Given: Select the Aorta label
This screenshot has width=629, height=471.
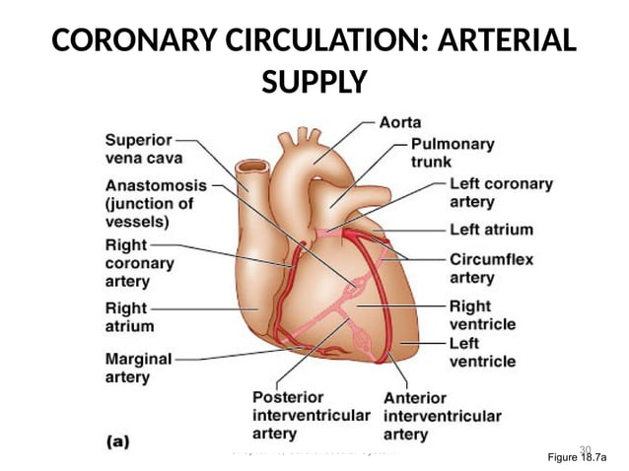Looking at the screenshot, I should coord(400,122).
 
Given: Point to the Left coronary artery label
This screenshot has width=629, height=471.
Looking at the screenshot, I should coord(501,192).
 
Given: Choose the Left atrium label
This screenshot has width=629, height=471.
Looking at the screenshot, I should coord(491,230).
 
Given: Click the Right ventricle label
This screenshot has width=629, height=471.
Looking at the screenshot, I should coord(482,315).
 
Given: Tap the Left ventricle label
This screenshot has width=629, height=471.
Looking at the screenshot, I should coord(481,352).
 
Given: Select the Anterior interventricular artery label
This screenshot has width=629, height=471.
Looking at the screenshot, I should coord(442,416).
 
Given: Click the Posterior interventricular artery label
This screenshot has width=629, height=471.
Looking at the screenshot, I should coord(311,415).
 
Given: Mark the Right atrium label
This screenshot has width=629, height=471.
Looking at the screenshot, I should coord(129,316).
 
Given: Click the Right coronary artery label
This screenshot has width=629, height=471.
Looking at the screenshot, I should coord(139,263).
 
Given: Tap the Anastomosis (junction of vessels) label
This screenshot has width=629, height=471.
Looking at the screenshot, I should coord(156,203).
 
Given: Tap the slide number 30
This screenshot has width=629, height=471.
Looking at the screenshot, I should coord(584,449).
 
